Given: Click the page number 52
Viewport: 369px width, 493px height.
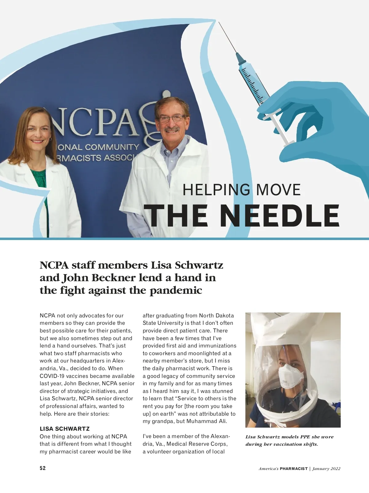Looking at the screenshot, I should [43, 468].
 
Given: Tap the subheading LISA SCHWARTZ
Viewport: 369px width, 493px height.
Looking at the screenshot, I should [65, 429].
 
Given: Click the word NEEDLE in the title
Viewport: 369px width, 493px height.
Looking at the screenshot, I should [280, 215].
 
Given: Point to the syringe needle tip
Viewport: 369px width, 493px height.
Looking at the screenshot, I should [219, 22].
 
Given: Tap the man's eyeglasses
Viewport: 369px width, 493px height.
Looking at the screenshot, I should [171, 118].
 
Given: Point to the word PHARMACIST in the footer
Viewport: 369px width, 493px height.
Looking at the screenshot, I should [294, 469].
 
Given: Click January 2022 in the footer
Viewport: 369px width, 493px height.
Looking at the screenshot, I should [327, 469].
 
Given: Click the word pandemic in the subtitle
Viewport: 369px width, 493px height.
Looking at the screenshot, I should [176, 290].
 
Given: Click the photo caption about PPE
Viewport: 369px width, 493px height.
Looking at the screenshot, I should [289, 441].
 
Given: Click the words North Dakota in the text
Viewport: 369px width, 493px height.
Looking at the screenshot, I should [216, 316].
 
